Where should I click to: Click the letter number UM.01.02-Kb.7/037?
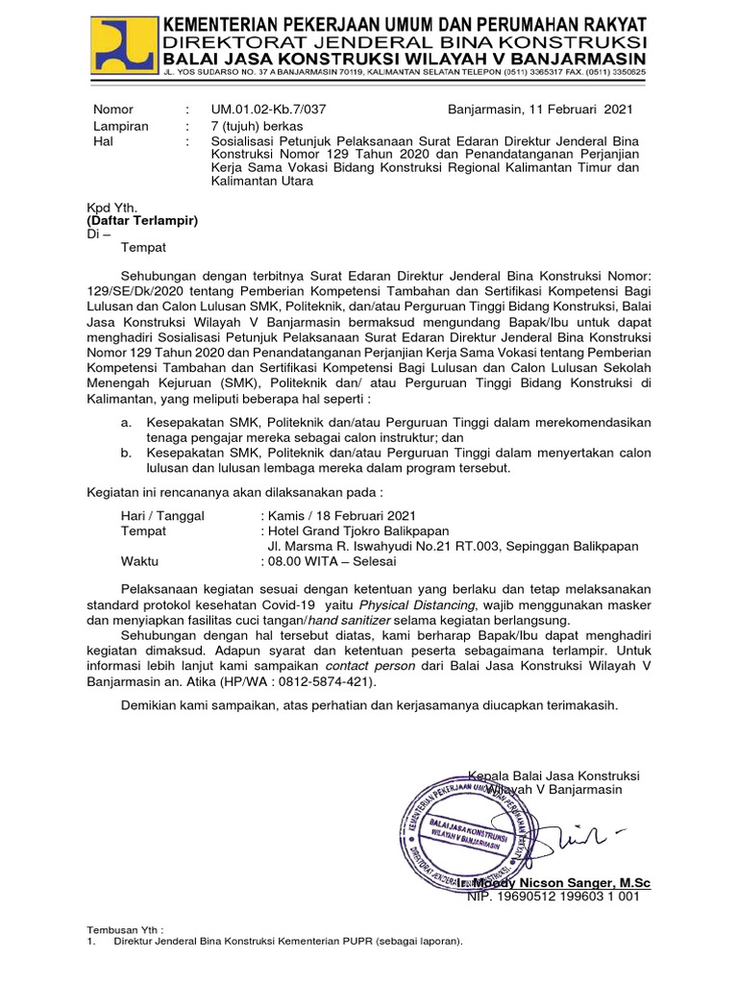click(x=270, y=110)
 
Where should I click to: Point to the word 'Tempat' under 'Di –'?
click(x=143, y=247)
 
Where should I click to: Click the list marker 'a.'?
click(x=126, y=423)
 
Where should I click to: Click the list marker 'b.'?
click(x=126, y=454)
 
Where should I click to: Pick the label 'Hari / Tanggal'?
click(x=161, y=516)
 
